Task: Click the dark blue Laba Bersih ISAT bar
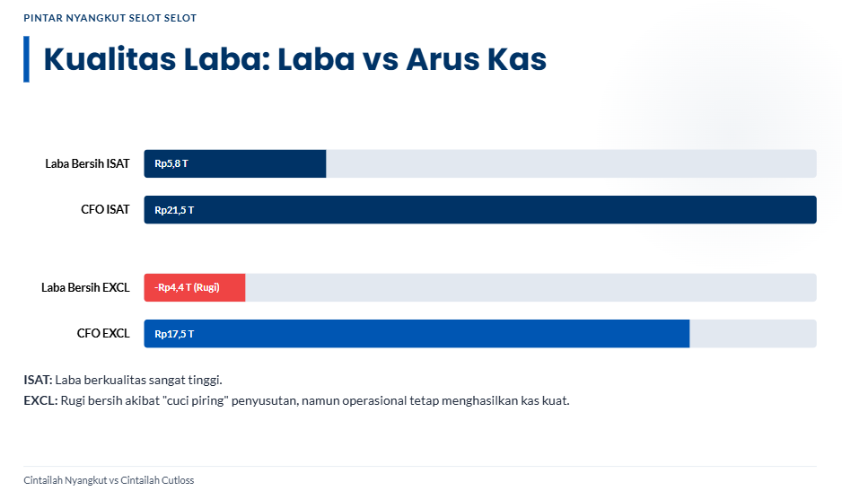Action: [234, 164]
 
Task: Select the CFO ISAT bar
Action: [480, 209]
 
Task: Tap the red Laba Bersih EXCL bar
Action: [195, 287]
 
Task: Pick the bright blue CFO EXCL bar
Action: [417, 334]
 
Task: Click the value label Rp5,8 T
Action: [171, 164]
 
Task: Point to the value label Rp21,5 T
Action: [174, 210]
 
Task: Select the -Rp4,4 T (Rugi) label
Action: [187, 287]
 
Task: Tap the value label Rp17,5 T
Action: [174, 334]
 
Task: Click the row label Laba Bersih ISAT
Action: [87, 164]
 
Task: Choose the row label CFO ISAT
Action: [105, 209]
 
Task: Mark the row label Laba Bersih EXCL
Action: [85, 287]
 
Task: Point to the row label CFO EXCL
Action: [103, 334]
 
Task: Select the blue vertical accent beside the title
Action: [26, 59]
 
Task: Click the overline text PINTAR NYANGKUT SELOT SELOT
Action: [110, 18]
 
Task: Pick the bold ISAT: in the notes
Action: [38, 380]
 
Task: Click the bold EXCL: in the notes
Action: [40, 400]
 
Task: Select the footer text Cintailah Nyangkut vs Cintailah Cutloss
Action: [109, 480]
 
